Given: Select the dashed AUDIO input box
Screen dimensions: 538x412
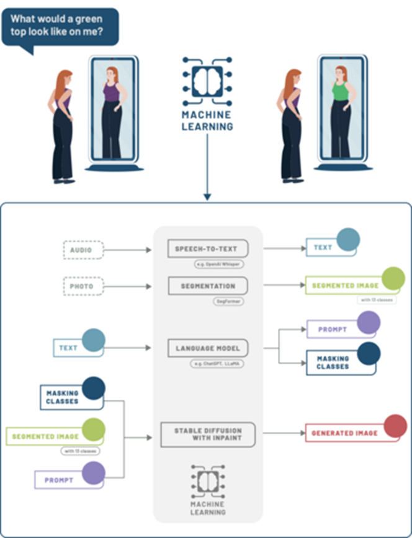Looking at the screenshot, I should (83, 249).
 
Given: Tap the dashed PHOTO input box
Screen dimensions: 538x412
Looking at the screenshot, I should (83, 286).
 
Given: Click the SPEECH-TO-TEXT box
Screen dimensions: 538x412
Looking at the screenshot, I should (207, 249).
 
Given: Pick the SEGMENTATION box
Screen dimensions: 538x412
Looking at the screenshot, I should (207, 286).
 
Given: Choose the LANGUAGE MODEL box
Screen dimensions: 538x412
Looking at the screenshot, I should (207, 348).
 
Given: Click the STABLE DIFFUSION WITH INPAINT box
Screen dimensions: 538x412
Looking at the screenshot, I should (207, 434).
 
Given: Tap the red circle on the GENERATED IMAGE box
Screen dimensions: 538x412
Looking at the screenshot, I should (395, 426).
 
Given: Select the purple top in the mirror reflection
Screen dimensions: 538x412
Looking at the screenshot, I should (111, 92).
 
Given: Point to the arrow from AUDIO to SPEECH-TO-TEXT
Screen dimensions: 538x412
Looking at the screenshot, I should (128, 250).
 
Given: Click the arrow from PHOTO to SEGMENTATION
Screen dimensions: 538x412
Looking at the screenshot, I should (128, 286).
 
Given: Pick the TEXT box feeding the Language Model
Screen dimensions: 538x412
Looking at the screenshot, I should (70, 348).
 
